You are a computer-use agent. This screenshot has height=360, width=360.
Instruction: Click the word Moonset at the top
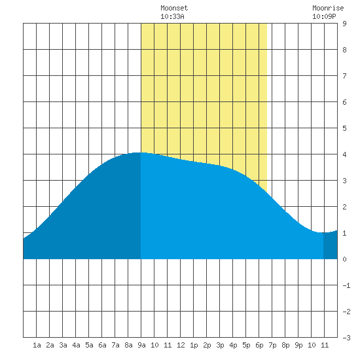click(174, 8)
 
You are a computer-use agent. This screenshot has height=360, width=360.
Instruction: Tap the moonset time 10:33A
click(172, 16)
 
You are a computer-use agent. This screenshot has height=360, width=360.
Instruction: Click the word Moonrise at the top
click(328, 8)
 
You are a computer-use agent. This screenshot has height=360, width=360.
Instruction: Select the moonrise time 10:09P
click(324, 16)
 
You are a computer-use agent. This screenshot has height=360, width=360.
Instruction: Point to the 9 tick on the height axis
click(344, 24)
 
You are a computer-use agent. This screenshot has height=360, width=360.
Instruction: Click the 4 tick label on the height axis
click(344, 154)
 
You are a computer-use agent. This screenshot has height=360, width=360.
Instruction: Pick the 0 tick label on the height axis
click(344, 259)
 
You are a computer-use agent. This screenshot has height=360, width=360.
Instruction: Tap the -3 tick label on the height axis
click(346, 338)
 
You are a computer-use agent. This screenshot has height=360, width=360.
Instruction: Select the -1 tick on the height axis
click(346, 285)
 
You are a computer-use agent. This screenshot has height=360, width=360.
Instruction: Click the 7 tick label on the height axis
click(344, 76)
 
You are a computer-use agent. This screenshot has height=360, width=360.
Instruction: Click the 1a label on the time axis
click(37, 345)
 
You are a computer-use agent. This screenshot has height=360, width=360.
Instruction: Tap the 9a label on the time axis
click(141, 345)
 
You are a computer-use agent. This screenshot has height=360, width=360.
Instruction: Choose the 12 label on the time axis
click(181, 345)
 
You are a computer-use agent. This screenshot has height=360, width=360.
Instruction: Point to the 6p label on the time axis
click(259, 345)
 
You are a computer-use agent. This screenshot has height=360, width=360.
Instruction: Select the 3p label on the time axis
click(220, 345)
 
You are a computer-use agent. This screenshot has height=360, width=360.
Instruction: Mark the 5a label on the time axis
click(89, 345)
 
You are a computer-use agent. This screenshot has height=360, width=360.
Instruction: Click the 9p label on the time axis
click(298, 345)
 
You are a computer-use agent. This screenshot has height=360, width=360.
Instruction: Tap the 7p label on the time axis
click(272, 345)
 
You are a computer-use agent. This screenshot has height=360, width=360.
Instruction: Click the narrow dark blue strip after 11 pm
click(331, 245)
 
